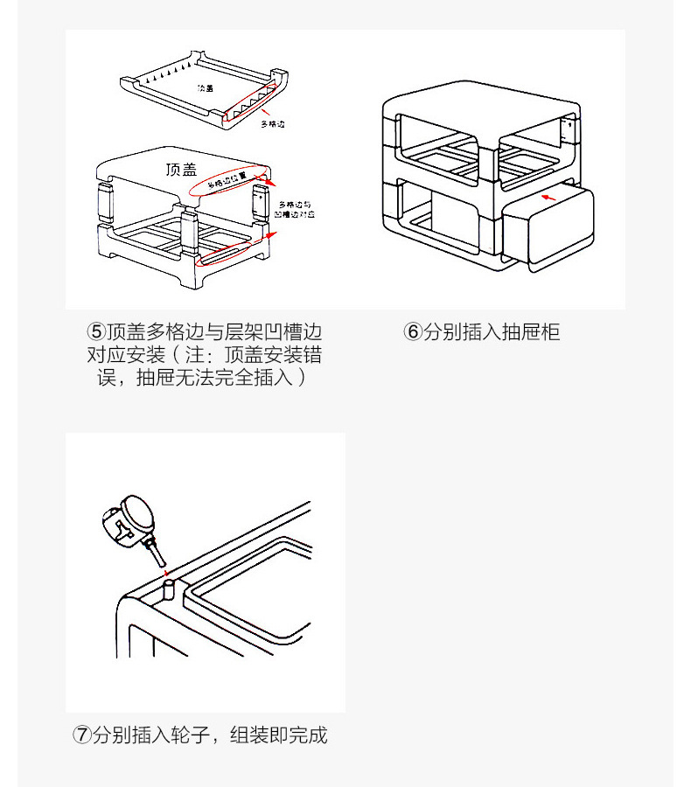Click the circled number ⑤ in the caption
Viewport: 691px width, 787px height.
95,332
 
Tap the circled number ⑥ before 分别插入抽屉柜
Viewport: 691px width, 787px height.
412,332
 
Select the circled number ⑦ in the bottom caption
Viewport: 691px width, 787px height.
81,735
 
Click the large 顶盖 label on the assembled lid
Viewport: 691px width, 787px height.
180,169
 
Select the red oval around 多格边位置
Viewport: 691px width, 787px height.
229,179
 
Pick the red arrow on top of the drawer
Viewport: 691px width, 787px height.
551,198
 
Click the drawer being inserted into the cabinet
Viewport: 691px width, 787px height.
547,227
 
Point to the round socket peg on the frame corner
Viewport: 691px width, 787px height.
169,588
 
